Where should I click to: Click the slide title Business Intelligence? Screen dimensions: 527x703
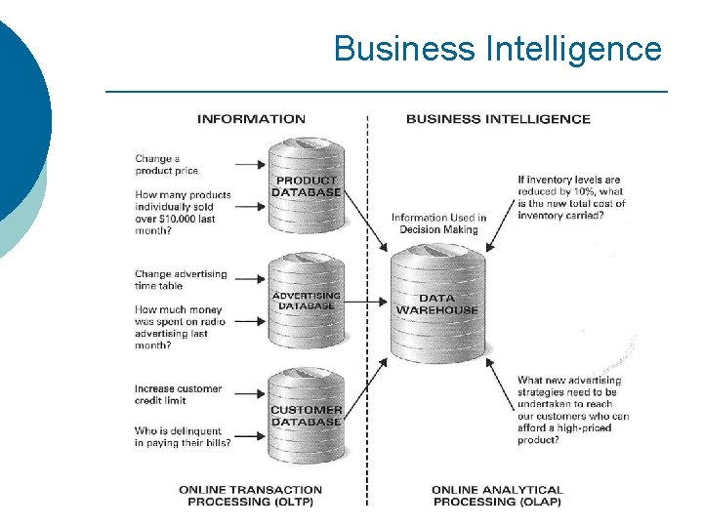click(x=497, y=48)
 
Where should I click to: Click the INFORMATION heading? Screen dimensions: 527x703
click(x=251, y=119)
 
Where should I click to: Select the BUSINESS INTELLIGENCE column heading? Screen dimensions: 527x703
click(x=498, y=119)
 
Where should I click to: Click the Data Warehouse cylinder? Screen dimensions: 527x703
click(x=436, y=304)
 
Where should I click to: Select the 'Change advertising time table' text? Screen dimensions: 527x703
click(x=181, y=280)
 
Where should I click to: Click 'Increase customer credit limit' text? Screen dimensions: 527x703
click(x=178, y=394)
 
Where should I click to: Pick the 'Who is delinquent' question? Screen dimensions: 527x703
click(x=183, y=437)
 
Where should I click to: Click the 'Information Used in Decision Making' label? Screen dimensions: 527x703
click(x=438, y=223)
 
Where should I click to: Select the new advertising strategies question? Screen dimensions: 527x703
click(x=573, y=410)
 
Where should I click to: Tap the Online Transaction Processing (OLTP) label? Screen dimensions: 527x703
click(x=250, y=496)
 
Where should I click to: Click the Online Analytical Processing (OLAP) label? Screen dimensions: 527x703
click(x=497, y=496)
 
